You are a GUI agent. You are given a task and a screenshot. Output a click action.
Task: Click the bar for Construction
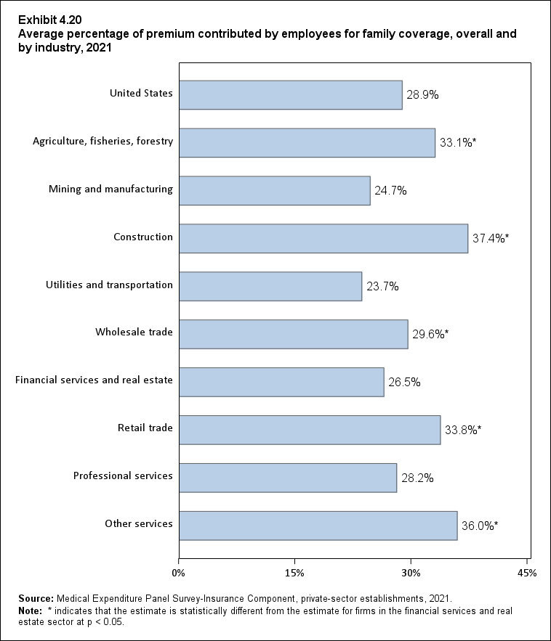323,238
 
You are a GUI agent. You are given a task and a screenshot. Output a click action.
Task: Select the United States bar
290,94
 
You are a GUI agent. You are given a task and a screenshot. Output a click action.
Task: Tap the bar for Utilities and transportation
270,286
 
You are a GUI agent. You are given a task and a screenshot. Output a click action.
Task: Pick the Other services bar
318,526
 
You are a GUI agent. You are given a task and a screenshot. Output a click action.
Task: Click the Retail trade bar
309,430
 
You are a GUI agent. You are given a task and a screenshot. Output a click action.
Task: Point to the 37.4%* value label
491,238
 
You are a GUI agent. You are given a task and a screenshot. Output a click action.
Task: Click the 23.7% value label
382,286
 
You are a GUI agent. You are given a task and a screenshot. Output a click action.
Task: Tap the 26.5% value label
404,382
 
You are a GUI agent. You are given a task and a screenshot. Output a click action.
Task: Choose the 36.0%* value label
480,526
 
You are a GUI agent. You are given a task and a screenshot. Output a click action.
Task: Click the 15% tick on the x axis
294,573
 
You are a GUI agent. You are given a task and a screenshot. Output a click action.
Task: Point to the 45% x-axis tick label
527,573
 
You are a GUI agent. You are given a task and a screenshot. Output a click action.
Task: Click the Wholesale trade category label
134,332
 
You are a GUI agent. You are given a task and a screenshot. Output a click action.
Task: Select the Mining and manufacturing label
110,189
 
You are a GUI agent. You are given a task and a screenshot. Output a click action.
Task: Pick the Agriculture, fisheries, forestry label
102,142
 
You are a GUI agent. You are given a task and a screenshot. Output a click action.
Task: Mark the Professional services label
123,476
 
